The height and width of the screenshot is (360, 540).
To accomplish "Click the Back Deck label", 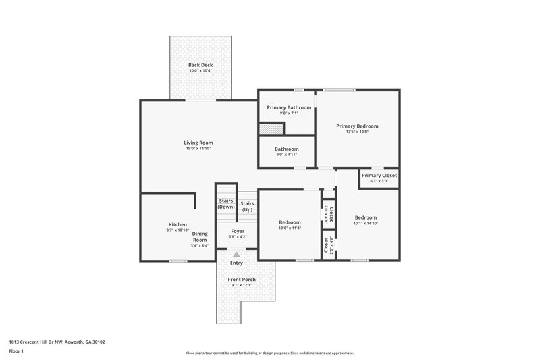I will pyautogui.click(x=200, y=65).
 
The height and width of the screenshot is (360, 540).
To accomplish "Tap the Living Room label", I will pyautogui.click(x=198, y=143).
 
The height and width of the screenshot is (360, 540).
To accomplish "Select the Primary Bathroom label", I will pyautogui.click(x=289, y=107).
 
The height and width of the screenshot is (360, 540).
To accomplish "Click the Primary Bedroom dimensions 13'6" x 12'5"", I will pyautogui.click(x=357, y=132).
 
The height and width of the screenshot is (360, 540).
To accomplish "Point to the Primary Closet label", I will pyautogui.click(x=379, y=176).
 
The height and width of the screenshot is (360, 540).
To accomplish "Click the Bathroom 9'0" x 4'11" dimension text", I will pyautogui.click(x=286, y=155).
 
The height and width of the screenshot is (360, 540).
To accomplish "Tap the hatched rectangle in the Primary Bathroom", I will pyautogui.click(x=271, y=128).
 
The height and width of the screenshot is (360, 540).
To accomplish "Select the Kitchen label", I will pyautogui.click(x=178, y=224).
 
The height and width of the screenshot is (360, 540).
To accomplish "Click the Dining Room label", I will pyautogui.click(x=200, y=237).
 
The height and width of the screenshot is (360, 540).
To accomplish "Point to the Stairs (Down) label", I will pyautogui.click(x=226, y=203).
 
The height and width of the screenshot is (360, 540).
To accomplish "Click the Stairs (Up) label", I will pyautogui.click(x=248, y=207).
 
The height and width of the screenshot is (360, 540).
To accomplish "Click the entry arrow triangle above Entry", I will pyautogui.click(x=236, y=255).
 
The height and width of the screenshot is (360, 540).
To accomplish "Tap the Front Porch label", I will pyautogui.click(x=241, y=279).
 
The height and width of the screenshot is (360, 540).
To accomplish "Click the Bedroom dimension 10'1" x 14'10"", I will pyautogui.click(x=366, y=223).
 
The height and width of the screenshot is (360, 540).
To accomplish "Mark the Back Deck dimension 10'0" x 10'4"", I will pyautogui.click(x=200, y=71).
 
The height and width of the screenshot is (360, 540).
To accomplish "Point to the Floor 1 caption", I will pyautogui.click(x=17, y=351).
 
